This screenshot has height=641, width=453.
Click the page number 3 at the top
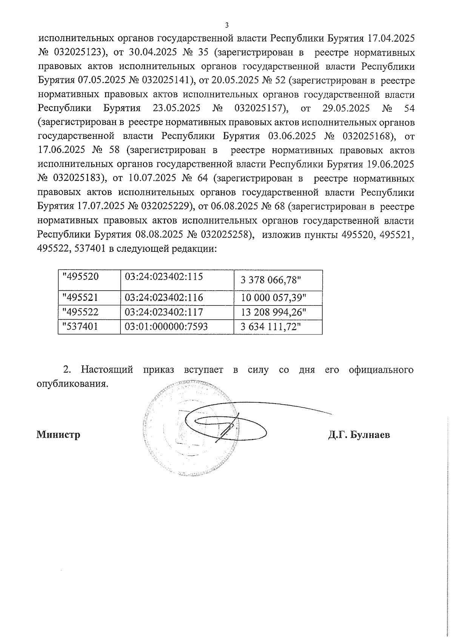[x=226, y=26]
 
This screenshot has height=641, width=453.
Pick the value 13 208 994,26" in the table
[x=273, y=312]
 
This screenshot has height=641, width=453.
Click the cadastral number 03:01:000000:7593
[x=166, y=327]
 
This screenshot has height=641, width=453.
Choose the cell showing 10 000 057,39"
[x=273, y=298]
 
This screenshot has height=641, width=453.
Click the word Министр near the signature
[x=59, y=435]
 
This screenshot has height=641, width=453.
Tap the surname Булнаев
[x=370, y=435]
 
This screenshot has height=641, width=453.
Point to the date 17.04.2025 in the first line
[x=391, y=39]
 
